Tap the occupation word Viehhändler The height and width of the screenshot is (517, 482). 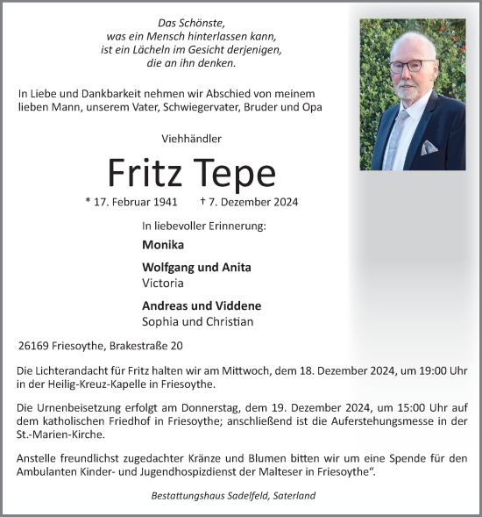192,139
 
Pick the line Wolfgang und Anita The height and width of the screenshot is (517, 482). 195,268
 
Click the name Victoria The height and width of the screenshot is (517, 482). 162,284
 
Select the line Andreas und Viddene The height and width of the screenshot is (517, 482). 201,306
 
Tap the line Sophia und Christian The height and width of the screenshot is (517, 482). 197,322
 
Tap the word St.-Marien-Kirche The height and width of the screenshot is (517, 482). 61,434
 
